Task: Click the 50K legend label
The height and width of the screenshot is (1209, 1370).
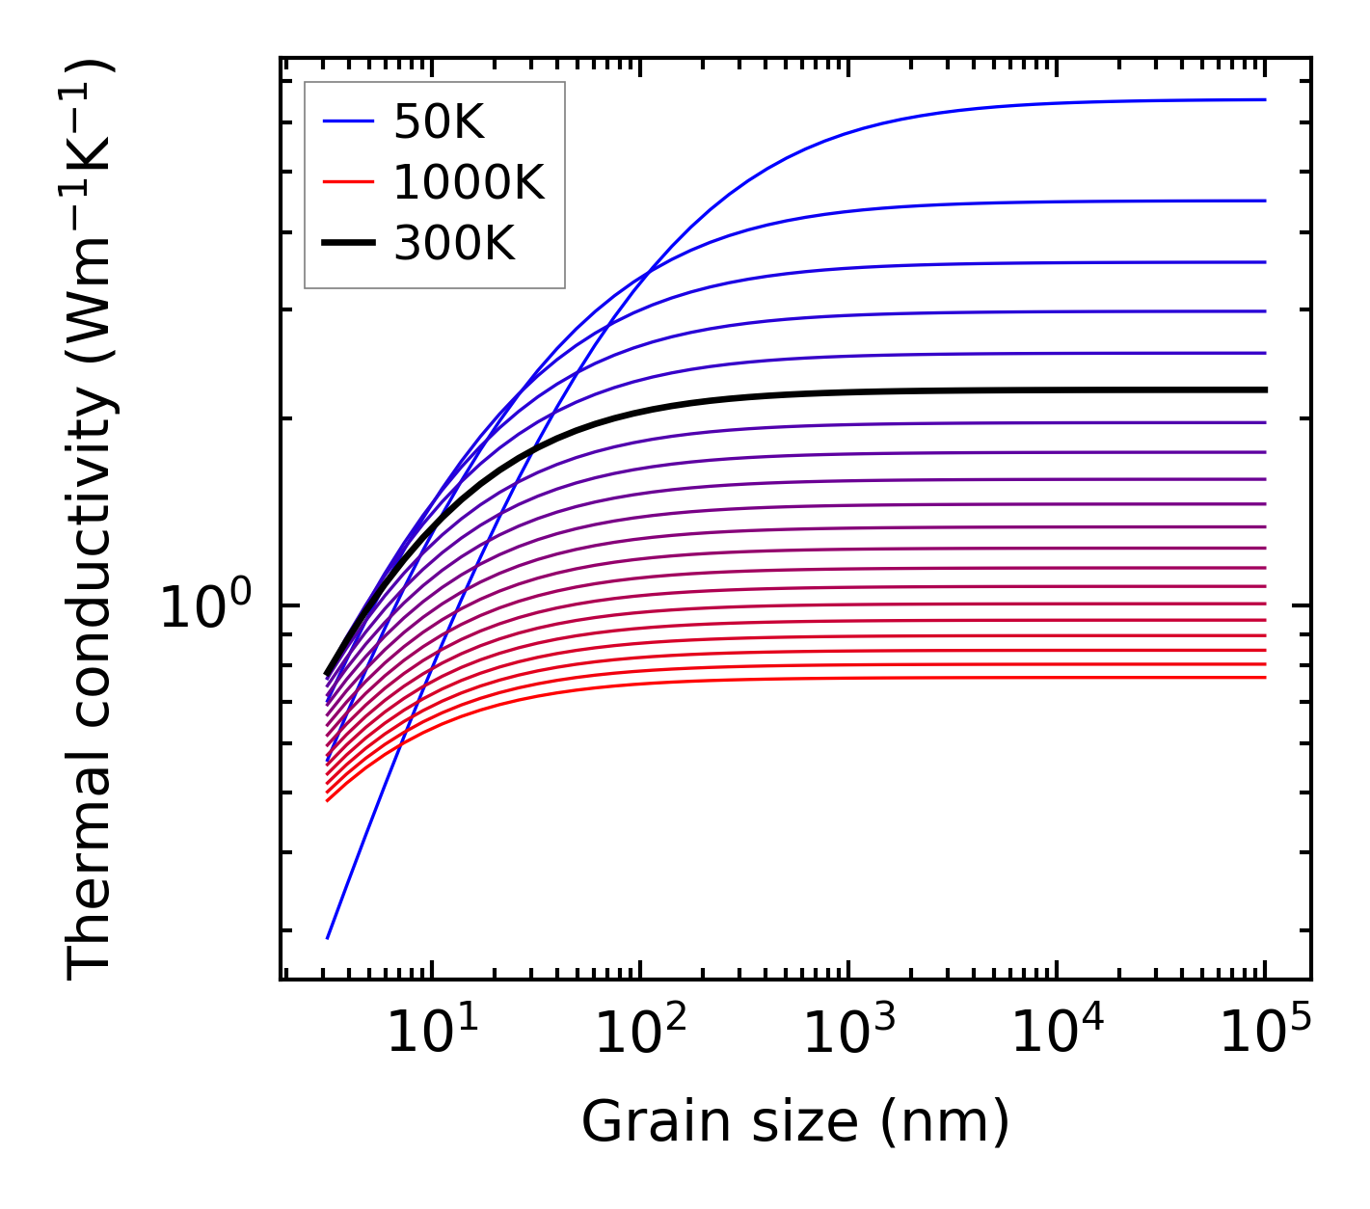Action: pyautogui.click(x=439, y=122)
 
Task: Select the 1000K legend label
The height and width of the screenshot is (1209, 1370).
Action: pyautogui.click(x=469, y=182)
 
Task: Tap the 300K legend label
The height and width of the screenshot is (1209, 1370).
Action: pyautogui.click(x=454, y=244)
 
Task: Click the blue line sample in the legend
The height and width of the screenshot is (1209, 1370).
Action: pyautogui.click(x=347, y=122)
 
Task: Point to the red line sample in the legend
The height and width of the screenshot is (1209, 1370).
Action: pyautogui.click(x=347, y=182)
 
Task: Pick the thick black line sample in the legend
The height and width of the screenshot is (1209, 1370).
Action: pyautogui.click(x=347, y=244)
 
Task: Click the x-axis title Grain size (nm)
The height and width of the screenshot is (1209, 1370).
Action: pyautogui.click(x=795, y=1122)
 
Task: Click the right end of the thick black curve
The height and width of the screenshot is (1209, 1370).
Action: pyautogui.click(x=1264, y=390)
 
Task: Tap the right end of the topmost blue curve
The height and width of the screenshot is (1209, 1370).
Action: pyautogui.click(x=1264, y=99)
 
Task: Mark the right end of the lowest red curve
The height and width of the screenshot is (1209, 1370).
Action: pyautogui.click(x=1264, y=677)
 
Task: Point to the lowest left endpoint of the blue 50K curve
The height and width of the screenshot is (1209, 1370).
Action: pyautogui.click(x=328, y=937)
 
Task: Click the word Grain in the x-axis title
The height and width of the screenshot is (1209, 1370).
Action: pyautogui.click(x=641, y=1122)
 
